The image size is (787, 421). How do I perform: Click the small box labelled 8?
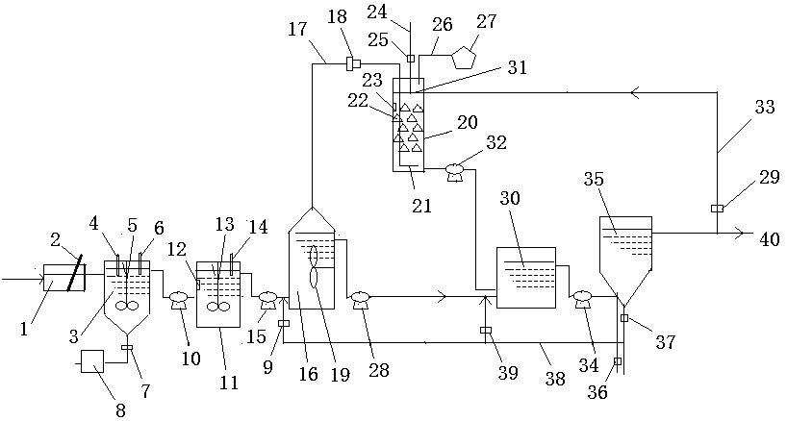click(92, 361)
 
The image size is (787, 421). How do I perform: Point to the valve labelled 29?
click(717, 208)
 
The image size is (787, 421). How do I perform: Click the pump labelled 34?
click(581, 300)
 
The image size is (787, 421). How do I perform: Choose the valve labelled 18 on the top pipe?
click(352, 64)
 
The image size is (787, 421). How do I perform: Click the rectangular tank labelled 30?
click(526, 277)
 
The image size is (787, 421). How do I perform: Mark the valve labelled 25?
click(410, 59)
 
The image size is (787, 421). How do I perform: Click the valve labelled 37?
click(624, 317)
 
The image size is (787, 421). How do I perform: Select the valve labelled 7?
click(127, 347)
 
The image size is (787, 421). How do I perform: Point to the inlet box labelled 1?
click(60, 280)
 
